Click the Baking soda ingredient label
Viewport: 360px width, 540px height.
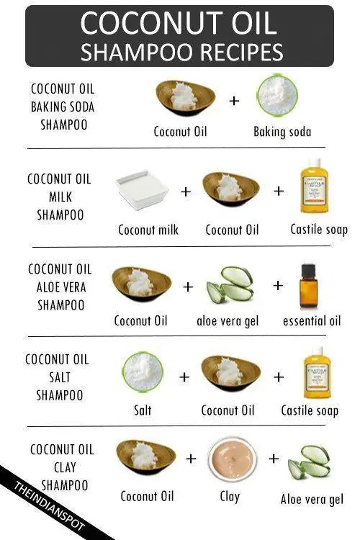pos(282,132)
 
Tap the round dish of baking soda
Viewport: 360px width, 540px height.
pos(277,96)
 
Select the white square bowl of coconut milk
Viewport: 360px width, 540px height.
pos(143,190)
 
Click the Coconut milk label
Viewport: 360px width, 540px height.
pos(148,230)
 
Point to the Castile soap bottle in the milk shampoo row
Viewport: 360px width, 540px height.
pos(315,186)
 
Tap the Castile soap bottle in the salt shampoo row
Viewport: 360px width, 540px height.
pos(317,372)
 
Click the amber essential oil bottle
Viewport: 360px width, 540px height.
pos(308,286)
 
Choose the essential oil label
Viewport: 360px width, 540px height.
pos(312,321)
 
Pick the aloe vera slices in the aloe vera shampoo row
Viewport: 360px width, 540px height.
pos(230,285)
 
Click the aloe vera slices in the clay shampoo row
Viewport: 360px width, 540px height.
pos(310,462)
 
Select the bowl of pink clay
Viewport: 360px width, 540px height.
pos(233,459)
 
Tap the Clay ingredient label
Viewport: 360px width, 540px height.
pos(230,497)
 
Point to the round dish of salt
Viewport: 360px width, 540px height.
pos(143,372)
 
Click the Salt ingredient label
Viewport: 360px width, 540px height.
pos(143,410)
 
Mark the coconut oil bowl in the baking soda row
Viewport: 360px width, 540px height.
pos(185,98)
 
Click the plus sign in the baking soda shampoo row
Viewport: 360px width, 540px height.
pos(234,101)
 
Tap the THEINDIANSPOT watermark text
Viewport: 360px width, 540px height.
pos(49,507)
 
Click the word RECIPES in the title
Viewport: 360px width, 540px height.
pos(241,53)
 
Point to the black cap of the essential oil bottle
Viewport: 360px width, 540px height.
pos(308,269)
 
